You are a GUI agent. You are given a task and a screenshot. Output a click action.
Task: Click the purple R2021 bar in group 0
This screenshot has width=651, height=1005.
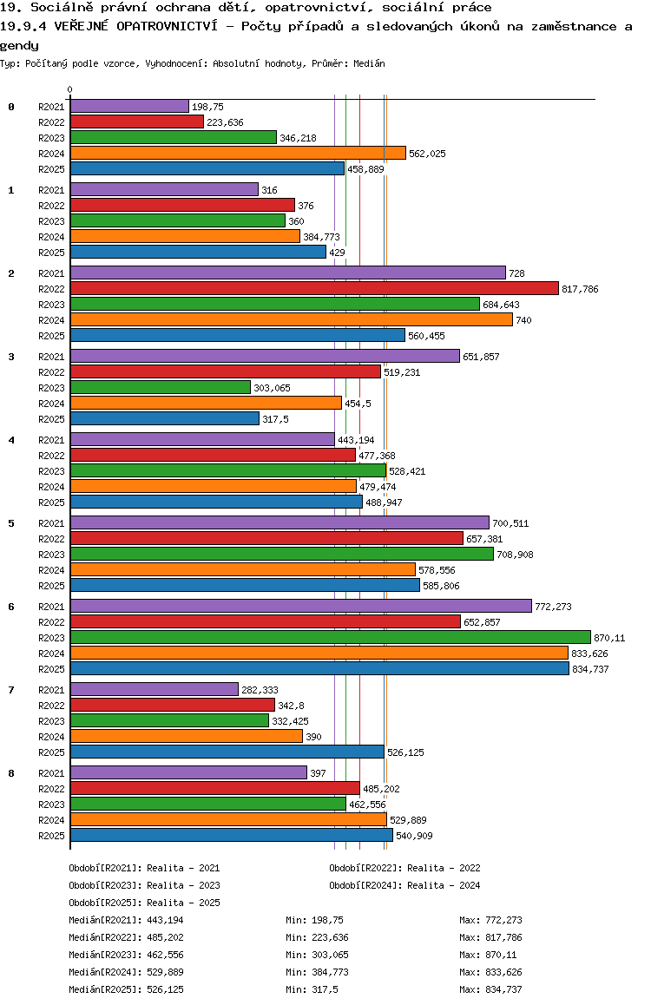click(129, 106)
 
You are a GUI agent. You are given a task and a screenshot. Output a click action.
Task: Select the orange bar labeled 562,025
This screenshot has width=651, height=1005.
click(238, 153)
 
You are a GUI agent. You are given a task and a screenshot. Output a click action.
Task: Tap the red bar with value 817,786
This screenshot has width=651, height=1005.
click(314, 288)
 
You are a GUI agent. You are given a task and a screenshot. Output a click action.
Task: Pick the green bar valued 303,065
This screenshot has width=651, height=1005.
click(161, 387)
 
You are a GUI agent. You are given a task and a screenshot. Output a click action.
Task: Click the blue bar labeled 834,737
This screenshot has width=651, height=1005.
click(319, 668)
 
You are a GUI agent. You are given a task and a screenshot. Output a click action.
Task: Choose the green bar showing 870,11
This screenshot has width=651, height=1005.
click(330, 637)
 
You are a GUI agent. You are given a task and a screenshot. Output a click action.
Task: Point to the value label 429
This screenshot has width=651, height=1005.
click(338, 253)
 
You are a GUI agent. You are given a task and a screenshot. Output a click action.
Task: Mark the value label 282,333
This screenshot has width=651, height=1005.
click(260, 690)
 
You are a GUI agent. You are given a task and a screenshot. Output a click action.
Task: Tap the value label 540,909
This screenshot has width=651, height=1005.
click(414, 836)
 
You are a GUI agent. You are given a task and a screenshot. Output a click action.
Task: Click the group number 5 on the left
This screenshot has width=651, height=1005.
click(11, 523)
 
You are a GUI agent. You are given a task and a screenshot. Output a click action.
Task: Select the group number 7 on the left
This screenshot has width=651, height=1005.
click(11, 690)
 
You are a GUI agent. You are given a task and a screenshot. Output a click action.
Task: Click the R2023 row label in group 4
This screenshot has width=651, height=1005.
click(51, 471)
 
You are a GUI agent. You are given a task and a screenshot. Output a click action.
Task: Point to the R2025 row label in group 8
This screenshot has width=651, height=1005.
click(51, 836)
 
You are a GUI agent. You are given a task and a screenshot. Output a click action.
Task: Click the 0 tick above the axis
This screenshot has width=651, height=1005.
click(70, 89)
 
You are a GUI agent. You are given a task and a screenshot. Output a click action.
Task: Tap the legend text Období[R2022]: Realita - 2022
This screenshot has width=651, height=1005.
click(404, 868)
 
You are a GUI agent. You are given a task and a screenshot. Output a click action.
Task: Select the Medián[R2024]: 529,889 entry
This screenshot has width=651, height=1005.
click(126, 972)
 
